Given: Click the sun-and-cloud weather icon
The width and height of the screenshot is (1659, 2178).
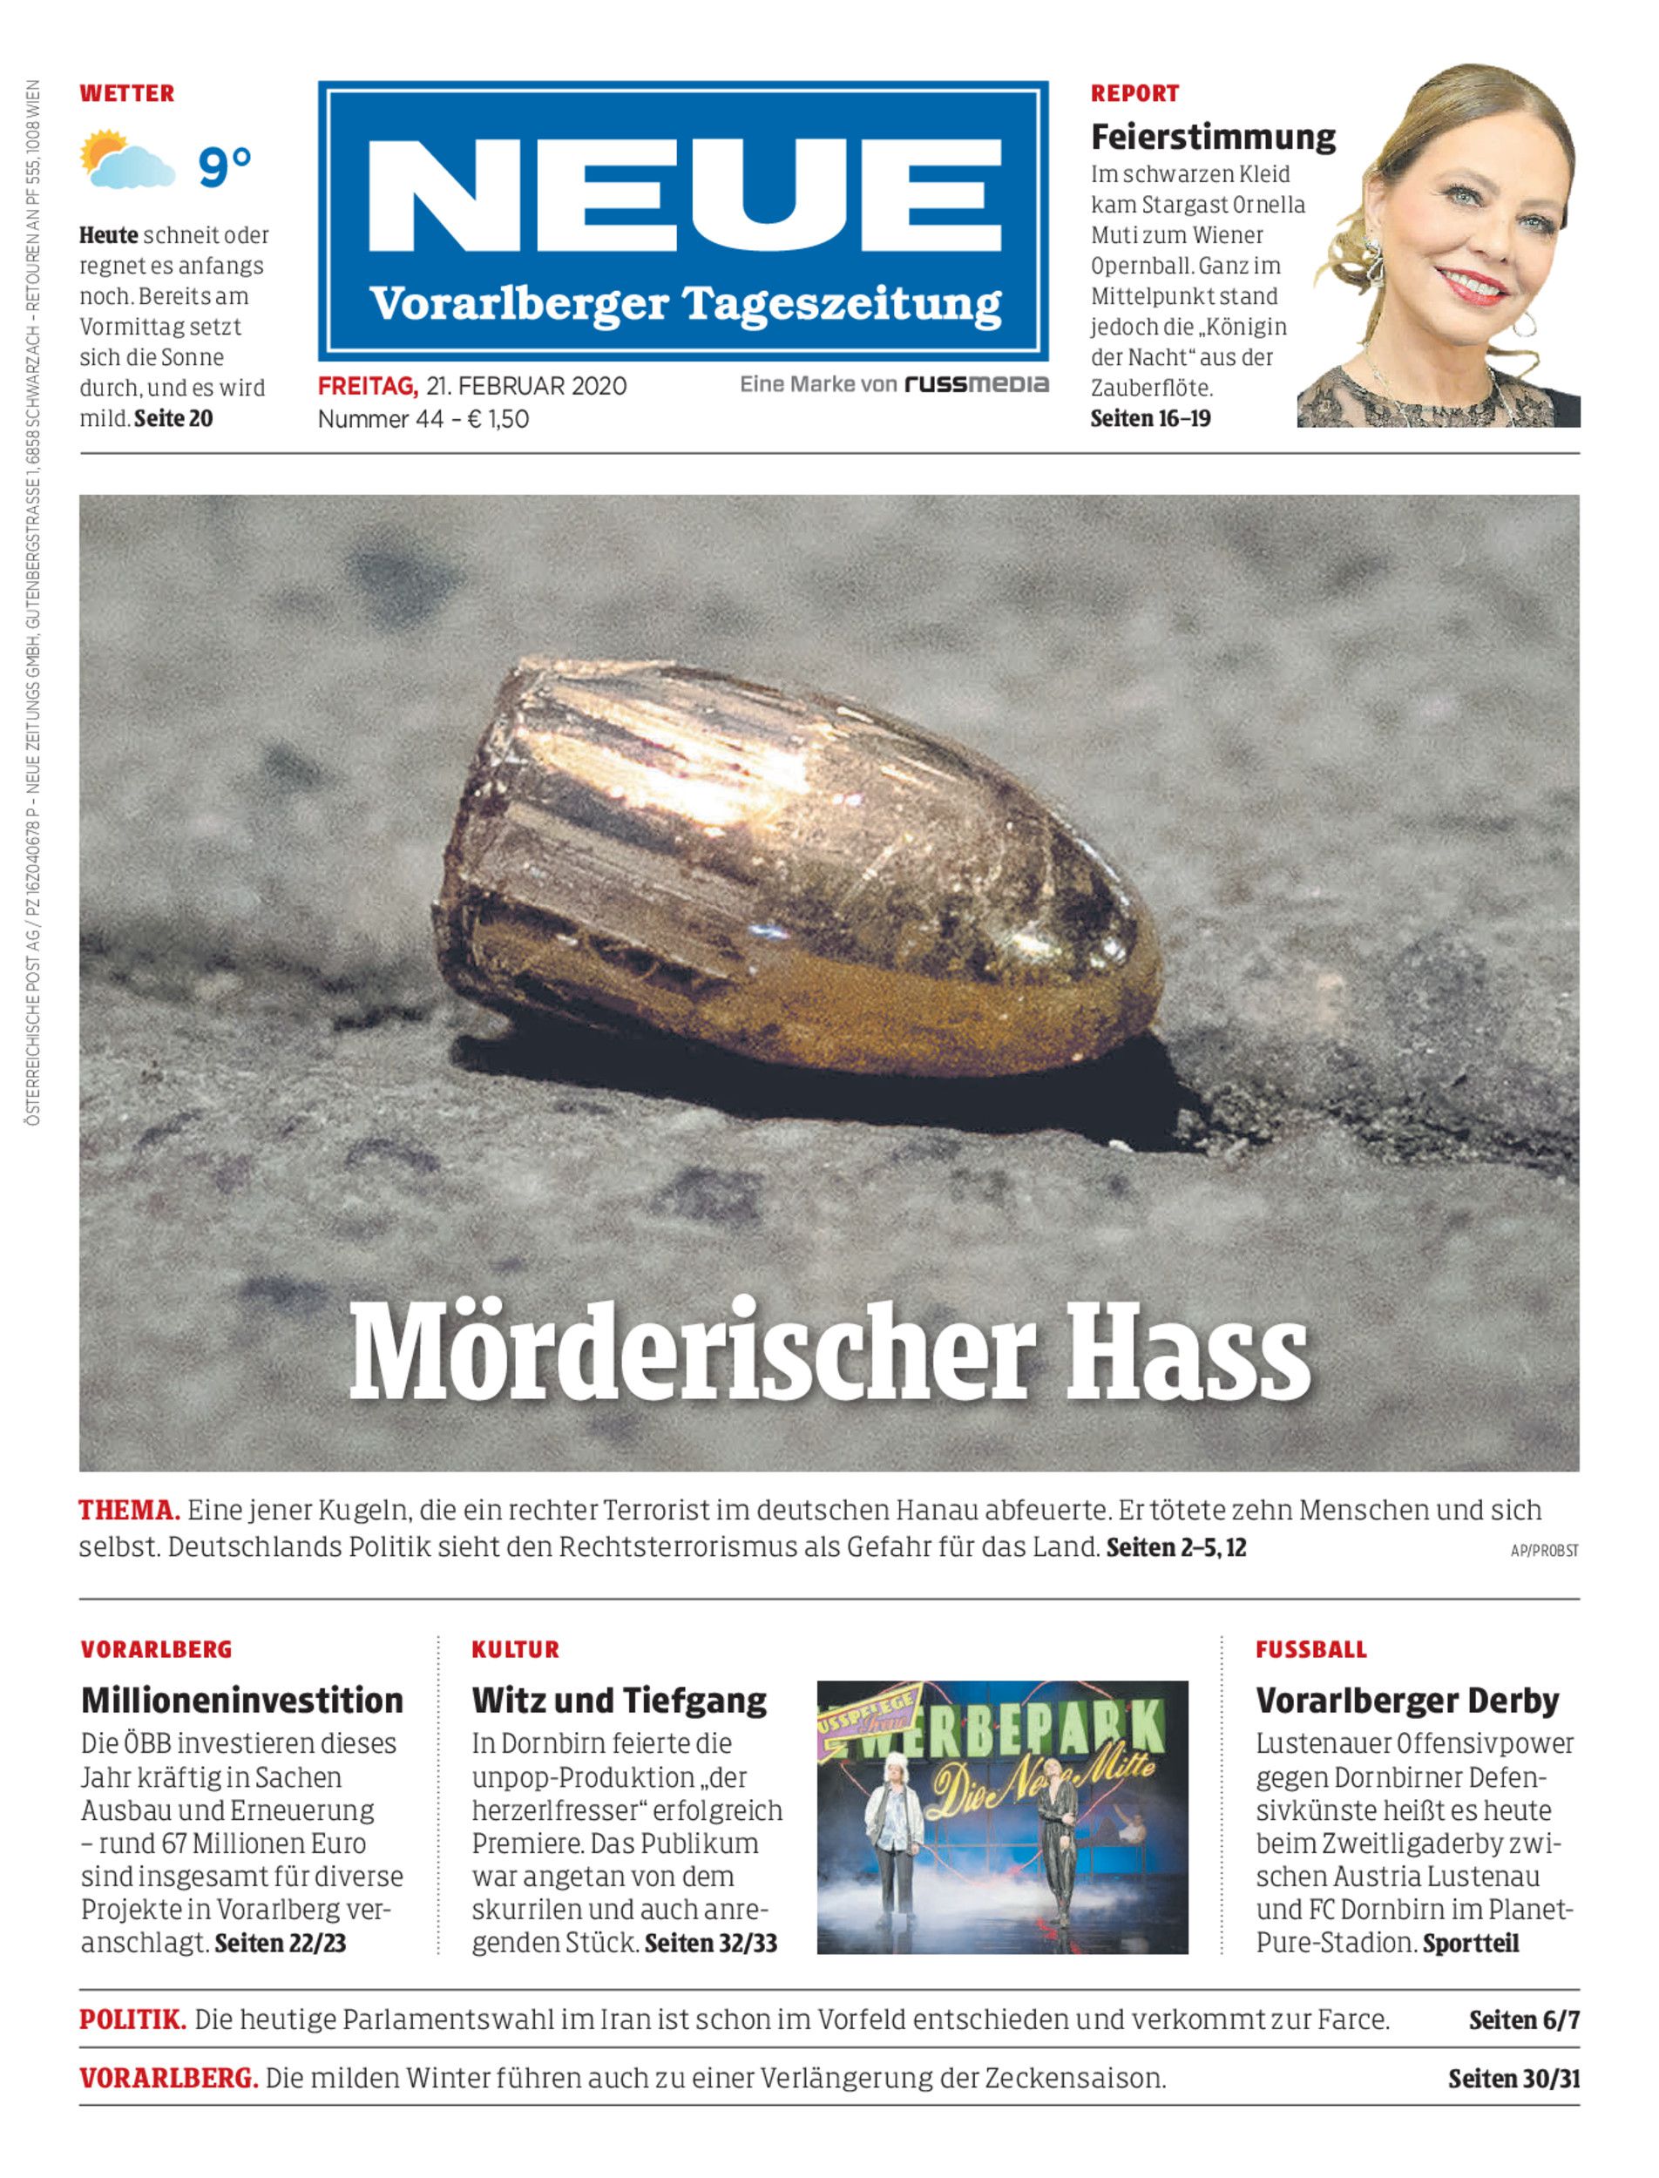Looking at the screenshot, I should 125,160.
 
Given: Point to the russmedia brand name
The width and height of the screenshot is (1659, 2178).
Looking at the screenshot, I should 976,384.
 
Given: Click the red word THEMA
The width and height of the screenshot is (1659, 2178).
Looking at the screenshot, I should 128,1511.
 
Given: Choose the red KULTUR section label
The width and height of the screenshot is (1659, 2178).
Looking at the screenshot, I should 516,1650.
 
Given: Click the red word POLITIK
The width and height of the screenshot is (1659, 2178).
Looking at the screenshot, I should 132,2020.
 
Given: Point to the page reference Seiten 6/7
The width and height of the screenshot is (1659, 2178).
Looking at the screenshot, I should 1524,2021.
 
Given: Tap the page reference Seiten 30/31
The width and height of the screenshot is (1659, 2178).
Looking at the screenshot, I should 1513,2080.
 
